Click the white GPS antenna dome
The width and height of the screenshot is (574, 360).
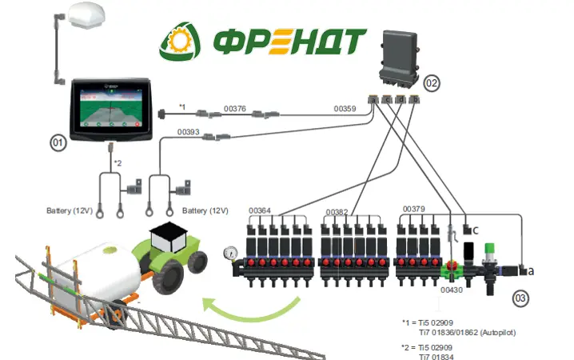tap(87, 14)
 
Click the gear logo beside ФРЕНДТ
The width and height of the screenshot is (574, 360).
tap(179, 41)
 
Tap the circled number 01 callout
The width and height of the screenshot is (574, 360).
tap(58, 142)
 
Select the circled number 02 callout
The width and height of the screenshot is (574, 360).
tap(432, 83)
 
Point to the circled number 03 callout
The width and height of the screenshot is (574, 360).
tap(520, 298)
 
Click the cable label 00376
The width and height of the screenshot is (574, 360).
tap(235, 109)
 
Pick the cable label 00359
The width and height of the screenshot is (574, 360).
tap(345, 109)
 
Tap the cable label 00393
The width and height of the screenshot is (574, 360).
tap(189, 132)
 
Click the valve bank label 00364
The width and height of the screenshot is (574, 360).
tap(260, 210)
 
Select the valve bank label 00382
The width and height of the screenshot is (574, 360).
tap(337, 213)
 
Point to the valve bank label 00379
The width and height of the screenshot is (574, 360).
tap(413, 209)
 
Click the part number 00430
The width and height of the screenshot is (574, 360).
tap(452, 290)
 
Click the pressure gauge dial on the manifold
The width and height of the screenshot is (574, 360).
tap(230, 253)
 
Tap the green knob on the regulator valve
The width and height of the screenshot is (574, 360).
tap(489, 247)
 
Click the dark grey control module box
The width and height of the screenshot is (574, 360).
tap(399, 59)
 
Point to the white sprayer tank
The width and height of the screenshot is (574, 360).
tap(97, 271)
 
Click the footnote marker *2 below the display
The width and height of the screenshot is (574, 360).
tap(118, 163)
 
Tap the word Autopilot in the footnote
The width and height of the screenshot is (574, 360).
tap(498, 333)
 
